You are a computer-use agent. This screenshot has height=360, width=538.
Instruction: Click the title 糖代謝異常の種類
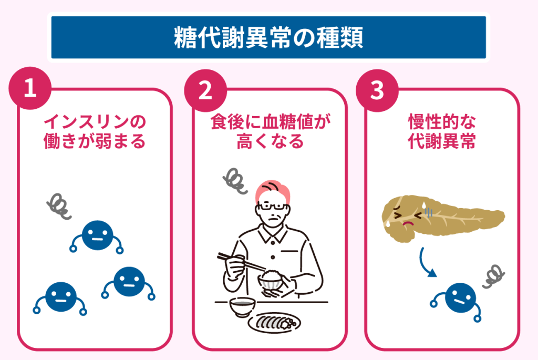pyautogui.click(x=268, y=37)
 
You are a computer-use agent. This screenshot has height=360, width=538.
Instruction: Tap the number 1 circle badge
pyautogui.click(x=30, y=88)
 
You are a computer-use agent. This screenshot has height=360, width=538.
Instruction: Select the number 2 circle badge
pyautogui.click(x=205, y=90)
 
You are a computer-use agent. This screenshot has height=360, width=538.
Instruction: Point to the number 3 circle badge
pyautogui.click(x=377, y=90)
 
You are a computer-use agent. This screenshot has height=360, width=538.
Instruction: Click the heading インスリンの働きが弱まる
pyautogui.click(x=95, y=131)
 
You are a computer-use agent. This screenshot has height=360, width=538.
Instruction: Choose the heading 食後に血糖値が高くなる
pyautogui.click(x=271, y=131)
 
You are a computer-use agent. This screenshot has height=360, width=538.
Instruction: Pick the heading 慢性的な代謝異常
pyautogui.click(x=442, y=131)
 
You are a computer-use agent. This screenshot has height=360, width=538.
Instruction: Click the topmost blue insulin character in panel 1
pyautogui.click(x=97, y=236)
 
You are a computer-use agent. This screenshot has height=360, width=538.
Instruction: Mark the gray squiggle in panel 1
pyautogui.click(x=59, y=206)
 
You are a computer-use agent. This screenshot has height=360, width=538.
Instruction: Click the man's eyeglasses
pyautogui.click(x=273, y=207)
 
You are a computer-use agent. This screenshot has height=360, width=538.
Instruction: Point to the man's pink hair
pyautogui.click(x=273, y=191)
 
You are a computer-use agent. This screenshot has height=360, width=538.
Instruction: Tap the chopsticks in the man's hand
pyautogui.click(x=241, y=262)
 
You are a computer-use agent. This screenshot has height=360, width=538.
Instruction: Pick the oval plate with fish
pyautogui.click(x=274, y=323)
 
